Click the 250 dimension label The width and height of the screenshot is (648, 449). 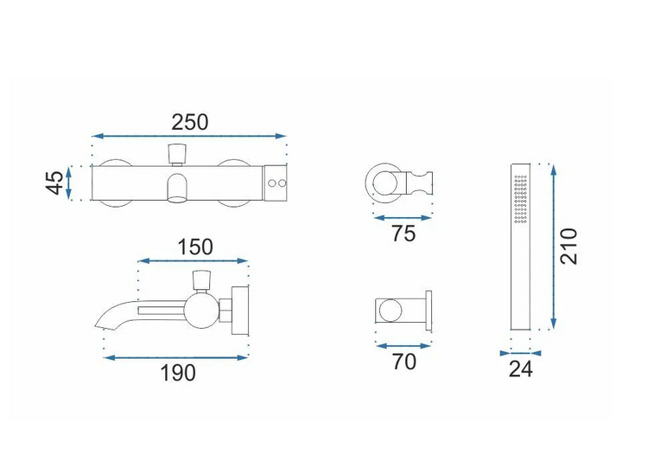[x=190, y=123]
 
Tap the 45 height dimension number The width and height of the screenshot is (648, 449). [x=55, y=183]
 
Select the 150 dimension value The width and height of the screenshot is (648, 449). [x=195, y=247]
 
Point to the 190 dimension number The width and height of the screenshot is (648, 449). [x=178, y=373]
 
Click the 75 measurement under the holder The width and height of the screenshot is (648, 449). [x=403, y=234]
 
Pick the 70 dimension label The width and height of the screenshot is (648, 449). [x=403, y=362]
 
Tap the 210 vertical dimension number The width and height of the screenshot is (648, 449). [x=569, y=247]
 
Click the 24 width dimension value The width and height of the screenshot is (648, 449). [x=521, y=369]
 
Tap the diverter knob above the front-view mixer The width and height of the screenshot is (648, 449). [x=178, y=153]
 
